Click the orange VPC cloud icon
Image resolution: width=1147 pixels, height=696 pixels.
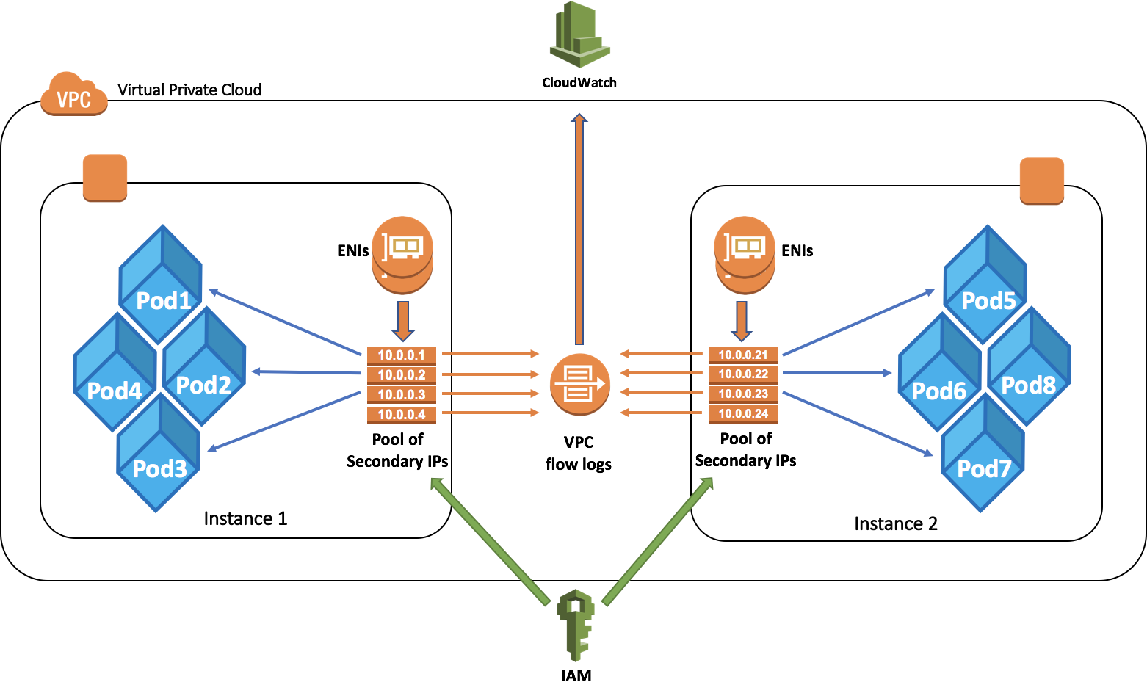click(x=73, y=94)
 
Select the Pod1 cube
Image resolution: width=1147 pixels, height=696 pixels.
click(x=162, y=286)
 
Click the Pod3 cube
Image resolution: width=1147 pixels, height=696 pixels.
click(x=159, y=454)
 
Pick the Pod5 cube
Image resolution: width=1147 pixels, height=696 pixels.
click(x=986, y=286)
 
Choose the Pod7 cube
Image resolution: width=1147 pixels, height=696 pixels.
click(x=983, y=454)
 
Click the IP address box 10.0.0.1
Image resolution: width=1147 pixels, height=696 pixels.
click(x=402, y=355)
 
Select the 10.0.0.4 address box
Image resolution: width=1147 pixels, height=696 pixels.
click(x=402, y=415)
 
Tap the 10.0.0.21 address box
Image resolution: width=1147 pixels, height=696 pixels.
click(x=743, y=355)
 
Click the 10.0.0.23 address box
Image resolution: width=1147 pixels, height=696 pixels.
click(x=743, y=394)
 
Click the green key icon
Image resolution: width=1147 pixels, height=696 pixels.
click(x=576, y=624)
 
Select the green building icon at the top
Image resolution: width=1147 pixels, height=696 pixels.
click(x=579, y=35)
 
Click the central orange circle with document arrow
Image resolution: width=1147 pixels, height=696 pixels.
click(x=580, y=384)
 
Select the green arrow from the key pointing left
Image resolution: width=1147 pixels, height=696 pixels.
click(x=490, y=541)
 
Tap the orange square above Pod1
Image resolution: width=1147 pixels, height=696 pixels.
click(x=105, y=178)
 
